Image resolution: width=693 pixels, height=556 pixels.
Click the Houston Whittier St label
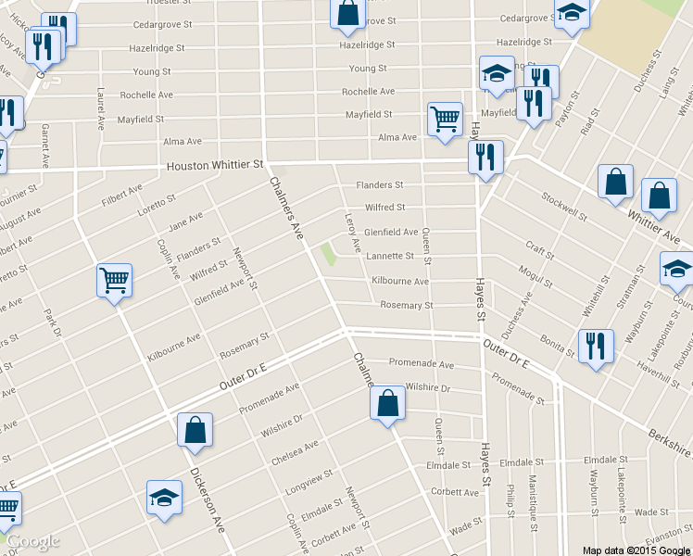point(215,166)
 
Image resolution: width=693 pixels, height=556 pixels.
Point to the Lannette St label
point(390,256)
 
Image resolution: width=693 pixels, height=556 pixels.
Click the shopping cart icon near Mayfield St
point(445,120)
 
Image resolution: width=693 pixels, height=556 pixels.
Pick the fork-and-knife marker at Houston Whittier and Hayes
point(485,158)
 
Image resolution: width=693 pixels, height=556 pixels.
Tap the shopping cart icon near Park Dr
point(115,280)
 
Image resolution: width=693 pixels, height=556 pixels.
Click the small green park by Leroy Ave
point(328,254)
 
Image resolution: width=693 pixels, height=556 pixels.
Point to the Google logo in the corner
point(32,541)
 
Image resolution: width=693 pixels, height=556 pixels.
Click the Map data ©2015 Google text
point(636,550)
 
